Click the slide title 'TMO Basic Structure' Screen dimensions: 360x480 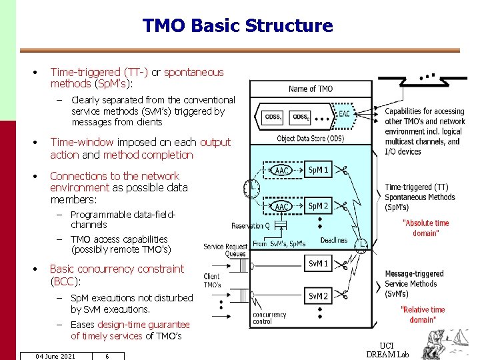[237, 26]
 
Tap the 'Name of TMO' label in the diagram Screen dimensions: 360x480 [311, 89]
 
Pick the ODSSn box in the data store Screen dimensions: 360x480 [301, 117]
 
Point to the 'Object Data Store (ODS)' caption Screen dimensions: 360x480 [311, 139]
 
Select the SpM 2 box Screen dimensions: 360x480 [318, 206]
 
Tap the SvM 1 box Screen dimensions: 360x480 [317, 264]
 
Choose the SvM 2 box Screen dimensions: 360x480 [317, 296]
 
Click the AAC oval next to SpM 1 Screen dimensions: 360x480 [282, 171]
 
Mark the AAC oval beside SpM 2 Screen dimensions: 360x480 [282, 207]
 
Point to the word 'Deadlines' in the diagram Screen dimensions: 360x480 [333, 241]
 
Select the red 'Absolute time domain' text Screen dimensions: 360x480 [426, 228]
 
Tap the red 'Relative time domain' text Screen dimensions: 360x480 [423, 315]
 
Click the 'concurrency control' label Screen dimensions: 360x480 [269, 318]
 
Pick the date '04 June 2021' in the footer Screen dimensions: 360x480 [55, 356]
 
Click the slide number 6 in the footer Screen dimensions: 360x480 [107, 356]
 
